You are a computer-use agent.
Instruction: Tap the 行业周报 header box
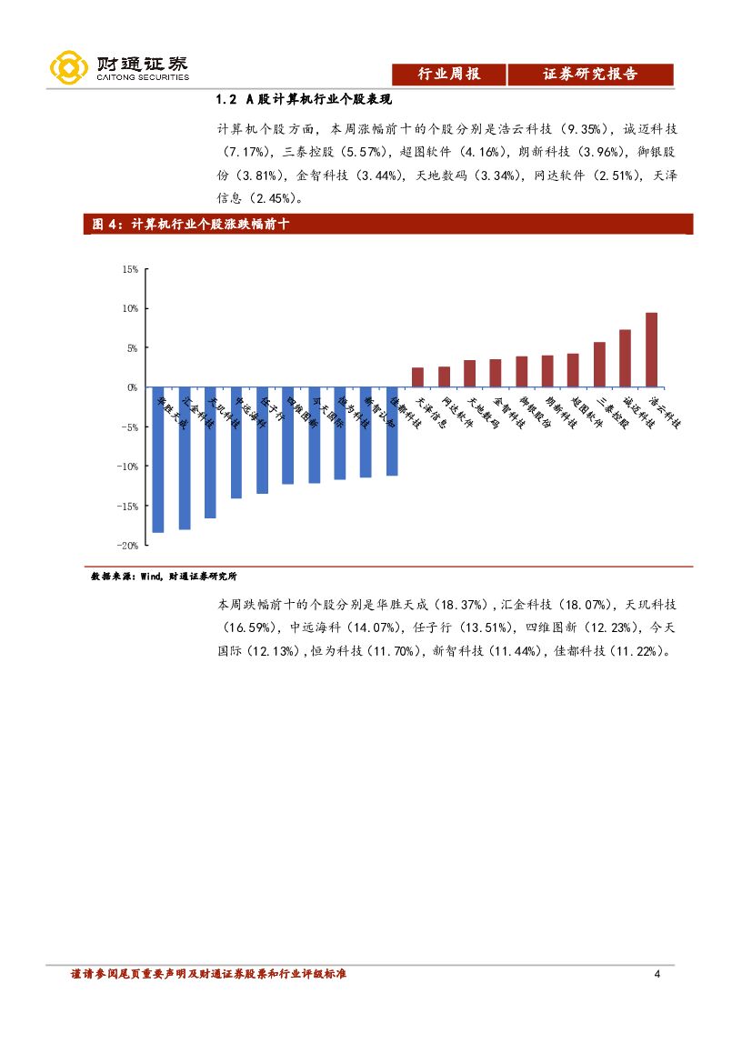tap(447, 75)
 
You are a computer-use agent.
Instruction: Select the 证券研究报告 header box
tap(590, 75)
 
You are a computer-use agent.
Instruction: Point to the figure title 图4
tap(191, 225)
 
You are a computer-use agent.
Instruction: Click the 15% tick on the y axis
tap(129, 269)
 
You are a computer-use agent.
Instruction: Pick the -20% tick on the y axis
tap(127, 545)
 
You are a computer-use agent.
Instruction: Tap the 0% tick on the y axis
tap(132, 387)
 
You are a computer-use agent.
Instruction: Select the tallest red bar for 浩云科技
tap(651, 350)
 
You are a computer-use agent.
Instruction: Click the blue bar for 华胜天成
tap(157, 459)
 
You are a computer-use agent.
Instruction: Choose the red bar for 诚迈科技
tap(625, 358)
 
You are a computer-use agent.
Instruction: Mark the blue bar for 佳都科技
tap(392, 431)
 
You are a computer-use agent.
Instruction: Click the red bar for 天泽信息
tap(417, 377)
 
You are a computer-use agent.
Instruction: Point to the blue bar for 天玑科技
tap(210, 452)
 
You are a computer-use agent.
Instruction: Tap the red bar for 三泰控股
tap(599, 365)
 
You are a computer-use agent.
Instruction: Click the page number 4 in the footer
tap(657, 975)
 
